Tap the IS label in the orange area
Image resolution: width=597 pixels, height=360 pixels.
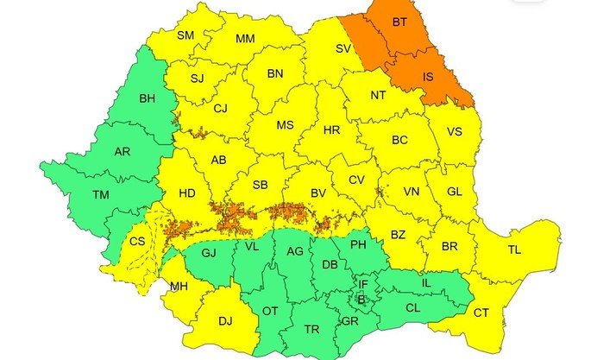click(x=428, y=77)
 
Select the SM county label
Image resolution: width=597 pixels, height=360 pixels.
click(x=185, y=35)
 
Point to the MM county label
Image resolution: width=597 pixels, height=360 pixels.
click(x=245, y=39)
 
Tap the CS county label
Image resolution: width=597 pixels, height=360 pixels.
click(x=137, y=242)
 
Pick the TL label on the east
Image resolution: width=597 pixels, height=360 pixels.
click(x=514, y=250)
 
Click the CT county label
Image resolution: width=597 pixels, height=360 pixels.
click(x=481, y=313)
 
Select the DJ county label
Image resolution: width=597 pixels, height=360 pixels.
click(x=225, y=321)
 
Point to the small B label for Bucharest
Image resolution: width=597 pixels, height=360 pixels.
click(x=361, y=300)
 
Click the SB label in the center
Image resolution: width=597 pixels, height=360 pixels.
click(x=260, y=185)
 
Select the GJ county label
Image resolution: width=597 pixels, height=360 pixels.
click(x=208, y=253)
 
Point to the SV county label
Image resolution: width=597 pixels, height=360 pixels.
click(x=342, y=48)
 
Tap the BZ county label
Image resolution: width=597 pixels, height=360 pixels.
click(x=398, y=234)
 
